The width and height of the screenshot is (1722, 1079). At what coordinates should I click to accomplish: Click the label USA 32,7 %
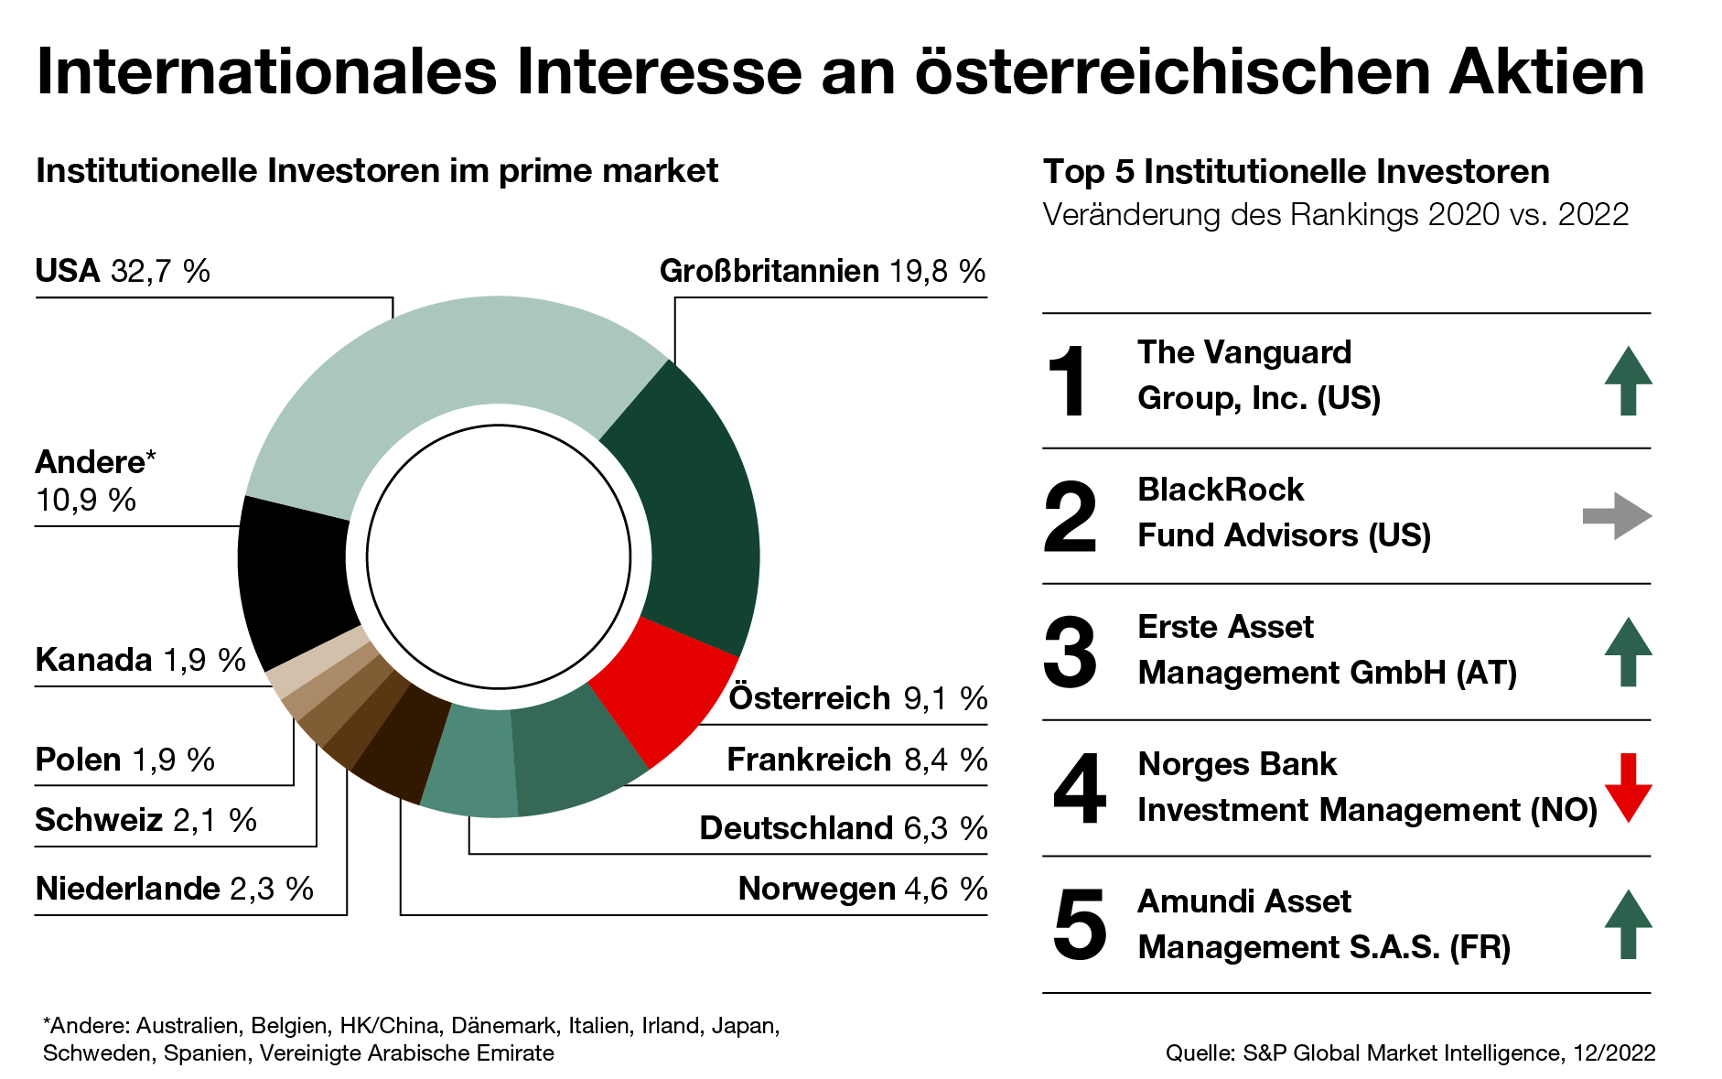click(x=123, y=272)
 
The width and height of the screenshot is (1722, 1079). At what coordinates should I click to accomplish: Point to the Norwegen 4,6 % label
click(x=862, y=889)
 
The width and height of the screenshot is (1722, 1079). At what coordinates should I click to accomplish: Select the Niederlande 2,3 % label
click(x=174, y=889)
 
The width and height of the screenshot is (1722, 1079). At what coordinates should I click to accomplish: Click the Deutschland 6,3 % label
click(x=843, y=828)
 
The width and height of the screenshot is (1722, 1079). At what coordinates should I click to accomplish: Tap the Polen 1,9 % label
click(x=124, y=760)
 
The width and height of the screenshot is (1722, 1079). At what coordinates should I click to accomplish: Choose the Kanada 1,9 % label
click(x=140, y=660)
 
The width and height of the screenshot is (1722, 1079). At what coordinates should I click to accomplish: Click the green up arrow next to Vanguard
click(x=1628, y=381)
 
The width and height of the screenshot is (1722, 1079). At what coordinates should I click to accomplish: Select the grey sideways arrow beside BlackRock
click(x=1617, y=516)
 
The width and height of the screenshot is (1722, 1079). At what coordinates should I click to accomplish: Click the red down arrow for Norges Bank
click(x=1628, y=787)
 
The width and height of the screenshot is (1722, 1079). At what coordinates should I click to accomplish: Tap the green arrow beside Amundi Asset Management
click(x=1628, y=924)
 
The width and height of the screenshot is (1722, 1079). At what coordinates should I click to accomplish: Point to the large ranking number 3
click(x=1070, y=653)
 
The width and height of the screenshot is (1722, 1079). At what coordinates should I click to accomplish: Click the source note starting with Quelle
click(x=1409, y=1053)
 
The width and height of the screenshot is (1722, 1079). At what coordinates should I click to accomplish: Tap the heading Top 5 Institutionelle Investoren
click(x=1296, y=172)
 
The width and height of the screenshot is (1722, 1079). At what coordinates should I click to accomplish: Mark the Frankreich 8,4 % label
click(x=856, y=760)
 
